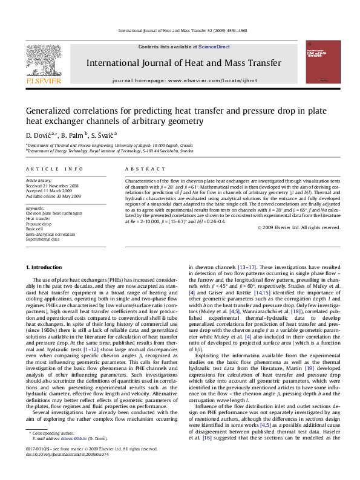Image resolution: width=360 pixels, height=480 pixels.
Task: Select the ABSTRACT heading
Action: (x=139, y=169)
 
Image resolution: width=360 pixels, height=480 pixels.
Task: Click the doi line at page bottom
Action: (x=61, y=470)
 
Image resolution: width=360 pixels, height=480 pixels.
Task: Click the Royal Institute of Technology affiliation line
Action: (x=110, y=152)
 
